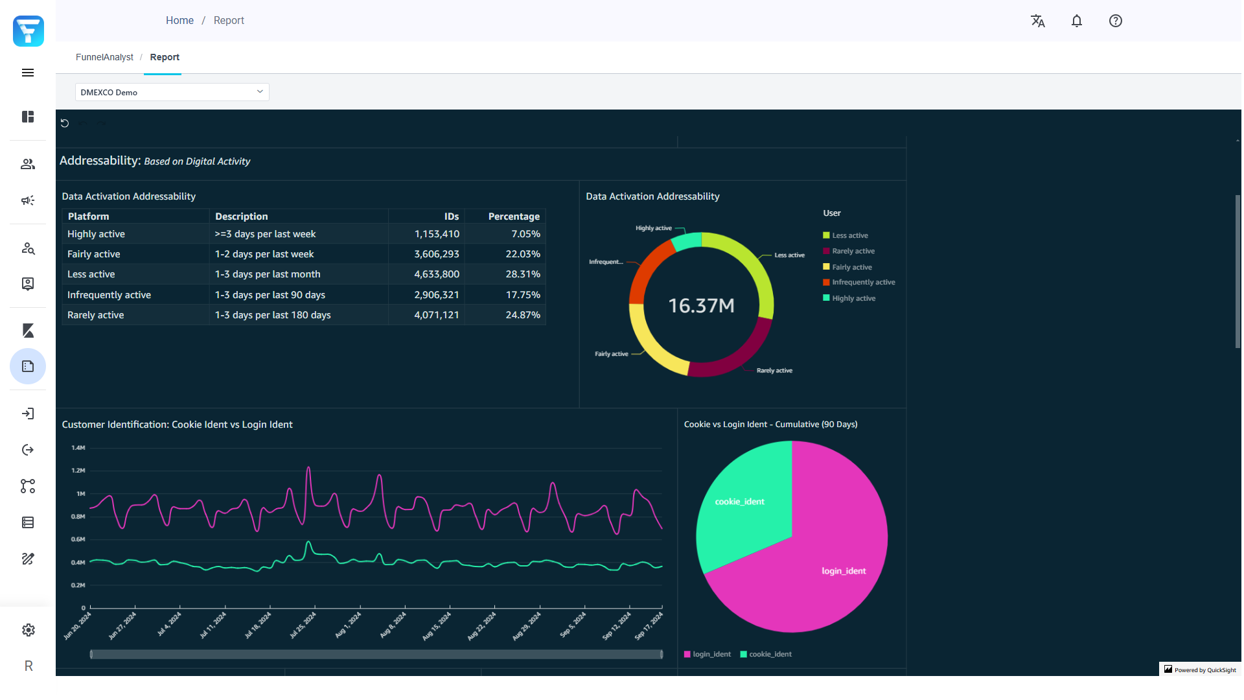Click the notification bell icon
(x=1076, y=21)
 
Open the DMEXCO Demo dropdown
(x=172, y=92)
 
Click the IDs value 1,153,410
(x=436, y=234)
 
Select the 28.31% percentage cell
(x=522, y=274)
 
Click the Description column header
(x=241, y=216)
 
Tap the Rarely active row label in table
(x=96, y=315)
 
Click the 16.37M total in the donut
(x=701, y=305)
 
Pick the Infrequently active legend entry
(x=863, y=283)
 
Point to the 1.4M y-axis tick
(x=78, y=448)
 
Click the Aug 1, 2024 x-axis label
(x=348, y=625)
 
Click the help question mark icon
(x=1115, y=21)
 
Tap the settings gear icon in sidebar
(x=28, y=630)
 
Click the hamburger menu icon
(x=28, y=73)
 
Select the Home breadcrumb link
(x=179, y=21)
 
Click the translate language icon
(x=1037, y=21)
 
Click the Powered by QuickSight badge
(x=1200, y=670)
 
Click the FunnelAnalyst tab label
(x=104, y=57)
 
